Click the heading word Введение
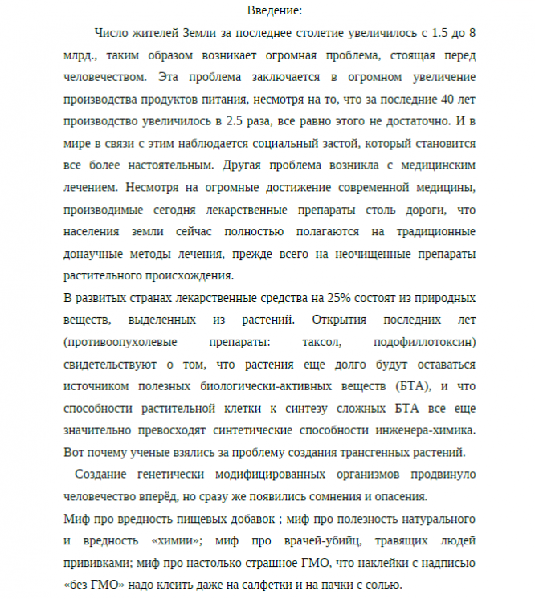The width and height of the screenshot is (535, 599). (x=275, y=10)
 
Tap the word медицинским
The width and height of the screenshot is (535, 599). (x=438, y=166)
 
